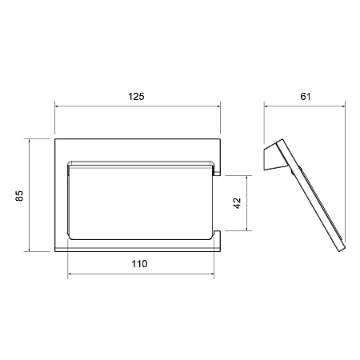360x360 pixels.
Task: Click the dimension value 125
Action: click(x=136, y=97)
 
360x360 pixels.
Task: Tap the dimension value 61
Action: click(x=306, y=97)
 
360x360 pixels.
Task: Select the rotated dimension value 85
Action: click(x=19, y=196)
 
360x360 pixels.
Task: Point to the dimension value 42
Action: click(x=237, y=203)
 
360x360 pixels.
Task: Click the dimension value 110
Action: click(x=139, y=264)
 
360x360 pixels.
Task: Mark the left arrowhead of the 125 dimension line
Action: click(x=57, y=106)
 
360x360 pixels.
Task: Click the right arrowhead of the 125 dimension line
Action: click(x=218, y=106)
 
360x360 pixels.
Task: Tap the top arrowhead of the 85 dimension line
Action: click(x=29, y=141)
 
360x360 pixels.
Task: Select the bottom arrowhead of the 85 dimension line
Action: click(x=29, y=250)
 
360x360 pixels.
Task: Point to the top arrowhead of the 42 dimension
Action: click(x=247, y=178)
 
